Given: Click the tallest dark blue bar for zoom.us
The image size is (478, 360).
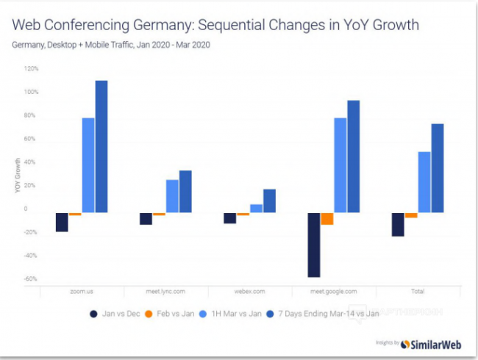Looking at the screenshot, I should coord(101,147).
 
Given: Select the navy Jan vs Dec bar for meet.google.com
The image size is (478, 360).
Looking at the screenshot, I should coord(314,245).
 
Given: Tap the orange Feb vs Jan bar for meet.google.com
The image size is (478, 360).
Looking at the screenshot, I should coord(327,219).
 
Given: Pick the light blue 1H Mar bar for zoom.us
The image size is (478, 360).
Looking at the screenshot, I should coord(88,165).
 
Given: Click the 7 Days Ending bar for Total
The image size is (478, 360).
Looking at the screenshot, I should coord(438,168).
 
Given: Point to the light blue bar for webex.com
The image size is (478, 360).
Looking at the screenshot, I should coord(256,209).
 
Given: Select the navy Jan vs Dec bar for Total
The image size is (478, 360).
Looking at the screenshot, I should coord(398,225).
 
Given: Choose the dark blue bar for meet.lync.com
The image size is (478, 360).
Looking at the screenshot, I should coord(185,192).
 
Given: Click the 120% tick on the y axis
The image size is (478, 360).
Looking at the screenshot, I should coord(32,68).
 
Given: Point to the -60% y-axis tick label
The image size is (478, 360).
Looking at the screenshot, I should coord(32,279).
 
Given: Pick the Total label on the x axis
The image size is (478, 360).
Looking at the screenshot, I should coord(418,292).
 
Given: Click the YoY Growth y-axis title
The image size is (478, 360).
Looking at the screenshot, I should coord(17,176).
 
